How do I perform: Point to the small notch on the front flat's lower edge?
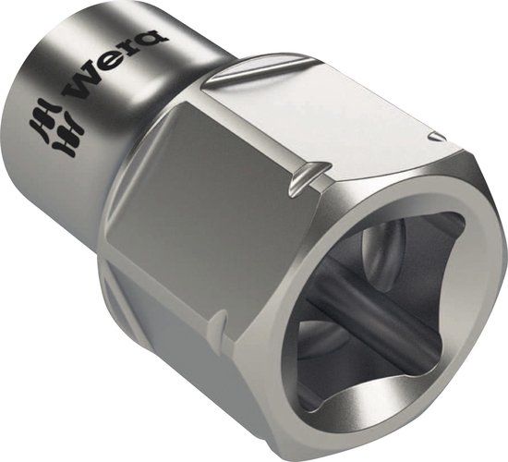pos(218,323)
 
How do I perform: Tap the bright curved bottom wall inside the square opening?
pos(369,407)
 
